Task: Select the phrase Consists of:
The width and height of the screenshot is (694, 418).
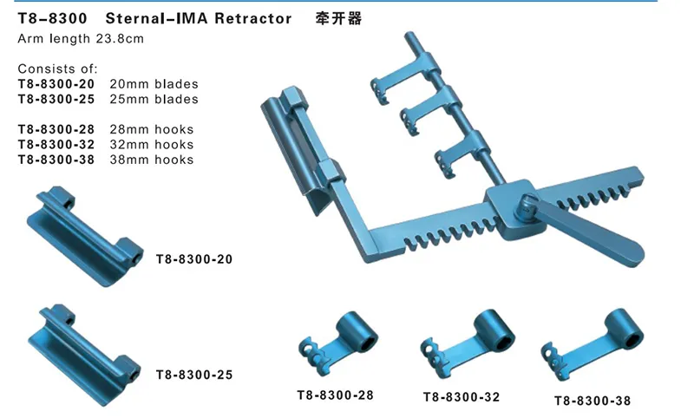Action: click(x=57, y=69)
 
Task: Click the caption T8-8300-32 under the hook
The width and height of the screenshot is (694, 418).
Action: click(x=461, y=397)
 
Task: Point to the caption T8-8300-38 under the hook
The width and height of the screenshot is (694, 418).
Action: click(x=593, y=400)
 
